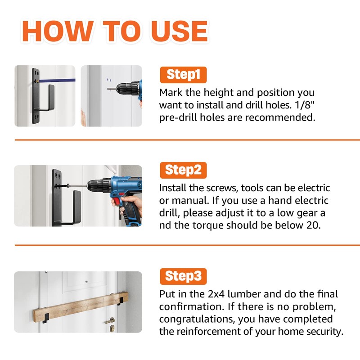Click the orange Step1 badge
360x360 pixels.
[183, 75]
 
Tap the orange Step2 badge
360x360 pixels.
[183, 170]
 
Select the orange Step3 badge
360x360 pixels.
[183, 276]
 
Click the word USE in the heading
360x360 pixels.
[179, 31]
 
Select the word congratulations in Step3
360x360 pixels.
[197, 319]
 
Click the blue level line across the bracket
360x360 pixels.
[57, 81]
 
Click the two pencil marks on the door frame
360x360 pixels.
[109, 80]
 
